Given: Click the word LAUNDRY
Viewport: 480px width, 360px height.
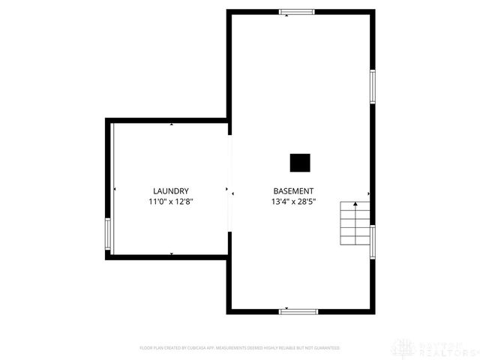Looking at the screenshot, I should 170,191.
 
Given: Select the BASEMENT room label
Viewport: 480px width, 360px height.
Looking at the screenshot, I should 293,191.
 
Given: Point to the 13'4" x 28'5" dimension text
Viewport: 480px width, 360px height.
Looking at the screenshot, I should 293,202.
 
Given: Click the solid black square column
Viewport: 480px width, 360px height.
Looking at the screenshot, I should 300,163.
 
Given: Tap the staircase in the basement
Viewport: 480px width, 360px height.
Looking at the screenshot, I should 354,223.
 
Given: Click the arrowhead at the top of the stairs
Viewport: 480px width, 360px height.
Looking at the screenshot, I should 355,203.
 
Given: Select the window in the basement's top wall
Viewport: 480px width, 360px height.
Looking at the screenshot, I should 298,12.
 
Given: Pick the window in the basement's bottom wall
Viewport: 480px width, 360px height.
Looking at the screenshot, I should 298,310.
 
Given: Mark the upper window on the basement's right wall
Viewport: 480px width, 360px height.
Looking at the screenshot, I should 372,86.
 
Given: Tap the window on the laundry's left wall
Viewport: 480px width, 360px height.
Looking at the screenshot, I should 108,235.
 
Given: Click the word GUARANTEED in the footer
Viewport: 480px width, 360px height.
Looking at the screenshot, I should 326,348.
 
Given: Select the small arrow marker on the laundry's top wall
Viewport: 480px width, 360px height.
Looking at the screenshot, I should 171,124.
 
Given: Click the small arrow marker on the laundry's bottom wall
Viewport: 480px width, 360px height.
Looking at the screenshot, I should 171,254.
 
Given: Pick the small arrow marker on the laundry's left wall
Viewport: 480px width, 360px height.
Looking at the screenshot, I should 114,190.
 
